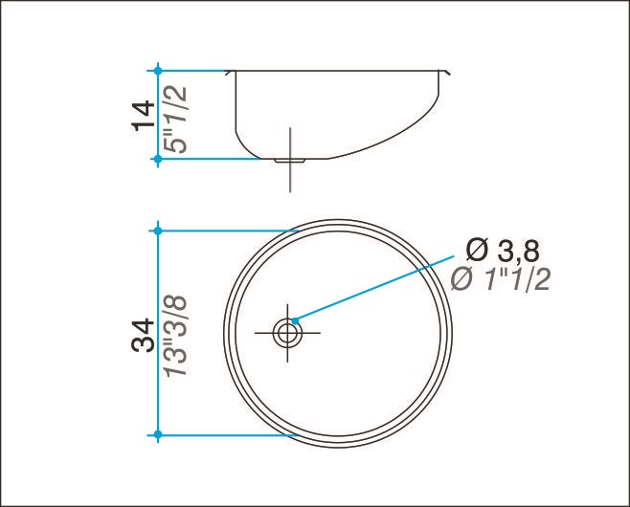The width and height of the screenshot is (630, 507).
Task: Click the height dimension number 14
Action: click(143, 115)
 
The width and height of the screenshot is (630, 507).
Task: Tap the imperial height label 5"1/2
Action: click(176, 120)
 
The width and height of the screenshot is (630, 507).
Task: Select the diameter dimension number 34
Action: click(143, 335)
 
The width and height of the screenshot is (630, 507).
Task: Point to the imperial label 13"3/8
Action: click(176, 336)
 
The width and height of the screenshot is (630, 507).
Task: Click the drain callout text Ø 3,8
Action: click(503, 251)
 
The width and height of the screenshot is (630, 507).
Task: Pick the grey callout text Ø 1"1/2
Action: click(500, 279)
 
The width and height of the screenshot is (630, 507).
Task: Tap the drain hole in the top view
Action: click(287, 333)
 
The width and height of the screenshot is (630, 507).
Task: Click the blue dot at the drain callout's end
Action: click(295, 320)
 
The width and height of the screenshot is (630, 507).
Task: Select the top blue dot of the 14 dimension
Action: click(158, 71)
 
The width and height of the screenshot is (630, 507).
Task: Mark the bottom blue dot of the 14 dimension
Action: click(158, 160)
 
